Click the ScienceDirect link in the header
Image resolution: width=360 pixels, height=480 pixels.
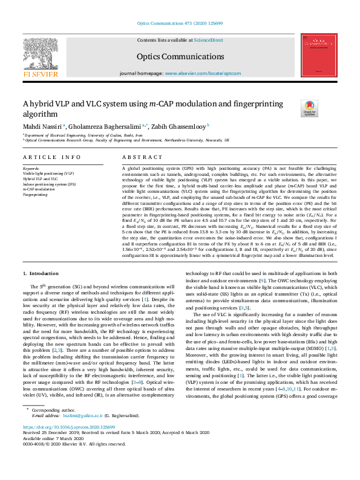(208, 39)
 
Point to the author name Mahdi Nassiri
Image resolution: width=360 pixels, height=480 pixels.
(41, 126)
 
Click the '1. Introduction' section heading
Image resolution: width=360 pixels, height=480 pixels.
(41, 274)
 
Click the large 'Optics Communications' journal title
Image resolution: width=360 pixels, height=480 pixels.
(180, 56)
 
